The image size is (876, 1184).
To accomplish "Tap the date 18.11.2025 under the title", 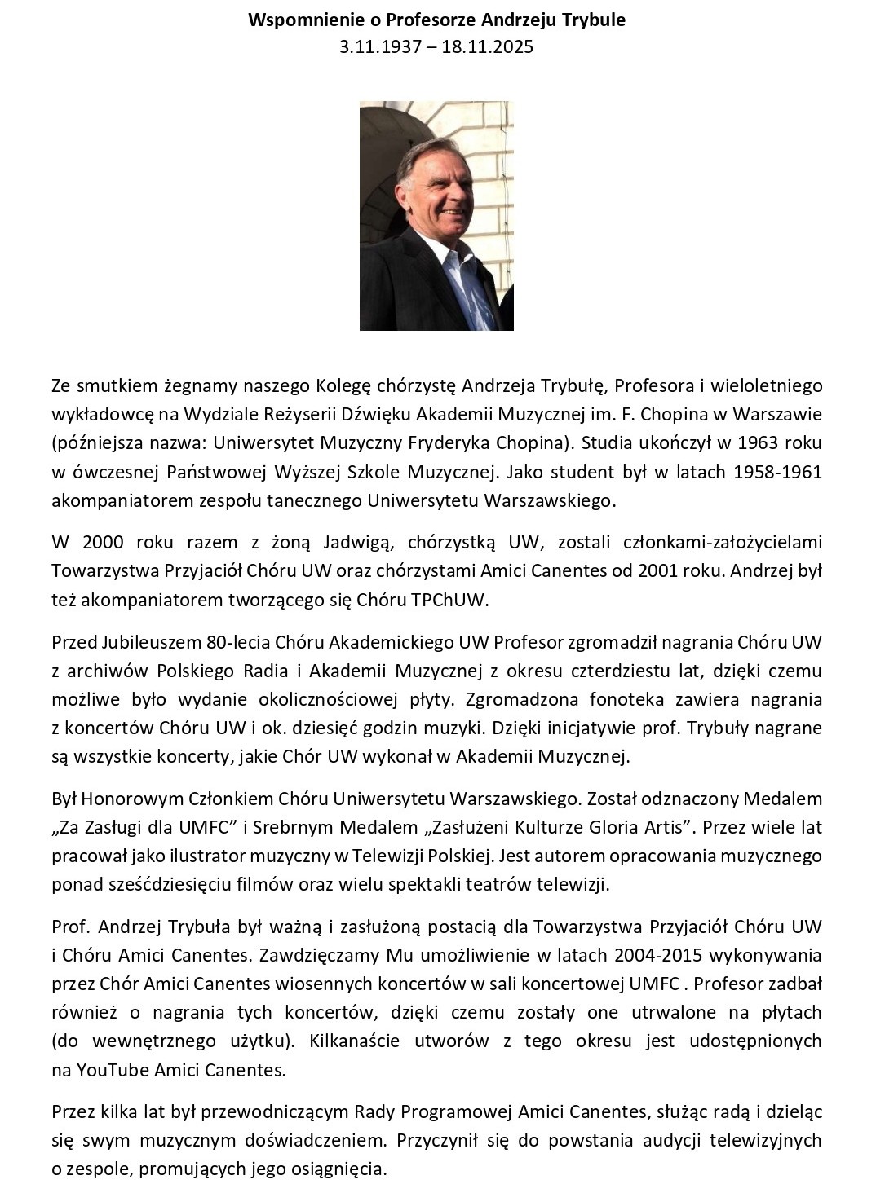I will [x=488, y=46].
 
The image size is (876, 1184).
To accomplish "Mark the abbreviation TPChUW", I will [x=454, y=601].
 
